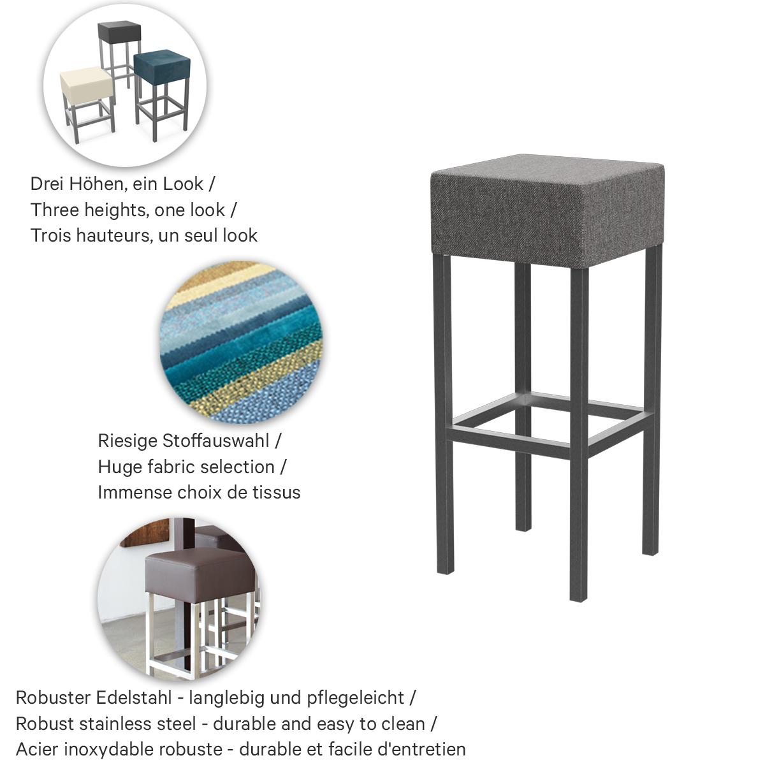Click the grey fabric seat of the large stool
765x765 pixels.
(547, 210)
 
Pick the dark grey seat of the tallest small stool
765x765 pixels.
(119, 31)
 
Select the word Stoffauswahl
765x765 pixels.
(216, 441)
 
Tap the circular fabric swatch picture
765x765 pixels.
(242, 342)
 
